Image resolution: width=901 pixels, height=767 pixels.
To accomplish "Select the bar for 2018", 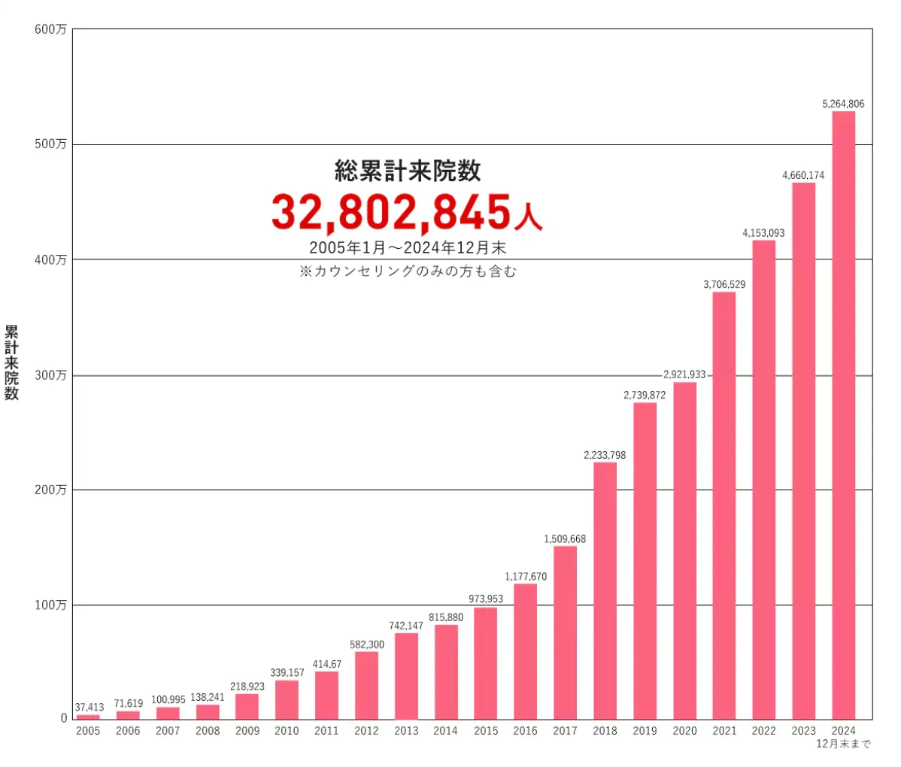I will [x=605, y=590].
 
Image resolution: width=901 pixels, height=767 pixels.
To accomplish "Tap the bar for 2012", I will [x=366, y=685].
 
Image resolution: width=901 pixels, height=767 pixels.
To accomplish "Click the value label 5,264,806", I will [x=843, y=104].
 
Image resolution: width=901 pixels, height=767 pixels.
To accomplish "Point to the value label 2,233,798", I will [x=605, y=455].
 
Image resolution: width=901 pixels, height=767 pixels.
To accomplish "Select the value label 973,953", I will [x=485, y=599].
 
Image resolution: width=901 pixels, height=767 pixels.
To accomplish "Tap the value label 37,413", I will [x=89, y=708].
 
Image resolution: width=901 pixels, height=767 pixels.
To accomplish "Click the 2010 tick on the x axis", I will [x=287, y=731].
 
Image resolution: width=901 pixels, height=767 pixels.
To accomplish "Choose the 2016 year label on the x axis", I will [x=525, y=731].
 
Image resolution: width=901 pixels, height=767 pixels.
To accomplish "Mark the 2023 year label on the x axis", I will [x=803, y=731].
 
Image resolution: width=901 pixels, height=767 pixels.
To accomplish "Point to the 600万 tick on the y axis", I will [x=50, y=29].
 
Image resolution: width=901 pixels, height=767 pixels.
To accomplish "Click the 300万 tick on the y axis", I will [x=50, y=375].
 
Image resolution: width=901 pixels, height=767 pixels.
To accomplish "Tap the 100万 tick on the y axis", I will [x=50, y=605].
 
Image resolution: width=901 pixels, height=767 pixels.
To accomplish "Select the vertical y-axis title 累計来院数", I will [x=11, y=362].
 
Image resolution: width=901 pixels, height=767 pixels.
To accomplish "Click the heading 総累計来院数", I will [x=408, y=171].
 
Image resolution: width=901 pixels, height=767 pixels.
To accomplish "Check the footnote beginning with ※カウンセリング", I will [x=408, y=271].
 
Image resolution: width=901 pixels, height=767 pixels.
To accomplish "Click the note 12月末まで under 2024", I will [x=843, y=744].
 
